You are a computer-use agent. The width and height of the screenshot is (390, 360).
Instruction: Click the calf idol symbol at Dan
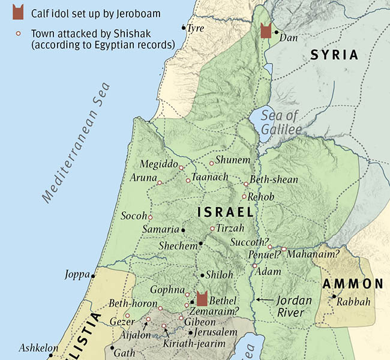(x=266, y=31)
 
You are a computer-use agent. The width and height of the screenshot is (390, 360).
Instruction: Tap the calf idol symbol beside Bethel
(x=202, y=298)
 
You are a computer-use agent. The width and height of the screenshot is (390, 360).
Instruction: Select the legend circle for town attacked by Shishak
(x=19, y=34)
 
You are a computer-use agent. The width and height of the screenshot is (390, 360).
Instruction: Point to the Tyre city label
(x=196, y=28)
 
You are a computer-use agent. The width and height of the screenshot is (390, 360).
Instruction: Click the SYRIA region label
(x=334, y=55)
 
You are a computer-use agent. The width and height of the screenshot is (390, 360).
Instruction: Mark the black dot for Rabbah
(x=334, y=296)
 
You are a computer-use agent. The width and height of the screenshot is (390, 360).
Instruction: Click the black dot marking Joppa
(x=93, y=275)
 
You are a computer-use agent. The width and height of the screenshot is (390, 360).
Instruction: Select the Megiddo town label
(x=158, y=164)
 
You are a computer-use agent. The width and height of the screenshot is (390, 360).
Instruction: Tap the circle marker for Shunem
(x=211, y=163)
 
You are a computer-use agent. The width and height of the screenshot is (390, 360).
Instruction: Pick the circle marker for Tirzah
(x=212, y=229)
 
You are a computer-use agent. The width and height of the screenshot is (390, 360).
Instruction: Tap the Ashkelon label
(x=38, y=348)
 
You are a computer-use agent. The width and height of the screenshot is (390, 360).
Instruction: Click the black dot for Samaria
(x=183, y=230)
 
